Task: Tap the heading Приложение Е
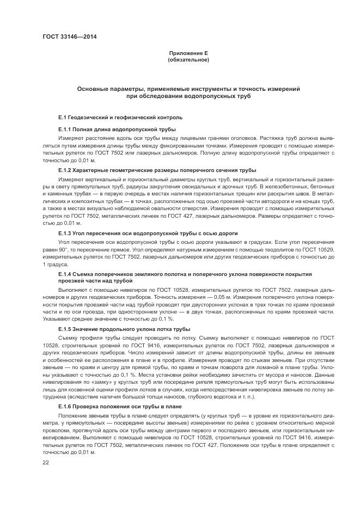pyautogui.click(x=188, y=53)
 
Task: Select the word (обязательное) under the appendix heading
pyautogui.click(x=188, y=59)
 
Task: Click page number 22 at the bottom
pyautogui.click(x=46, y=462)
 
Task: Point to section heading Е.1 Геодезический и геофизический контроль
pyautogui.click(x=120, y=117)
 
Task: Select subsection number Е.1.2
pyautogui.click(x=66, y=170)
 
